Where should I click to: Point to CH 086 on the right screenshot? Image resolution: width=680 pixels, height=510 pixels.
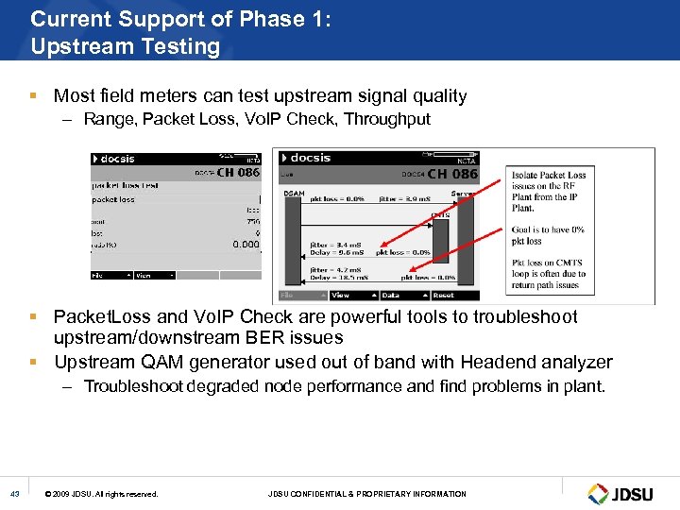pos(452,174)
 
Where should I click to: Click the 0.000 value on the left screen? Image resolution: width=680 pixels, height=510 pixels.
pos(246,245)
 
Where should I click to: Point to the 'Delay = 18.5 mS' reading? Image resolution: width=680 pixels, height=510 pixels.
pos(338,278)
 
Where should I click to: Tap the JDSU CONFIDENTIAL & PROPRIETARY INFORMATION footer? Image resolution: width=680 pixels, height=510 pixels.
pos(367,494)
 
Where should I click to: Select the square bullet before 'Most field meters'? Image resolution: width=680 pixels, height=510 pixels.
pos(33,96)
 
